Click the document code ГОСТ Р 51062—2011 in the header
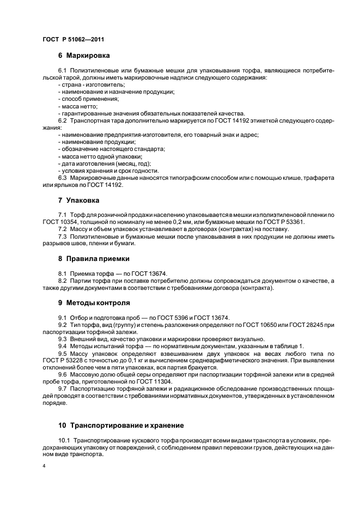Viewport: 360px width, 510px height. pos(73,40)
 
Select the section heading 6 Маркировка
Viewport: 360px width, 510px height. pos(84,56)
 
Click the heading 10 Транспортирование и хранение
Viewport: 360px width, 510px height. pos(120,425)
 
